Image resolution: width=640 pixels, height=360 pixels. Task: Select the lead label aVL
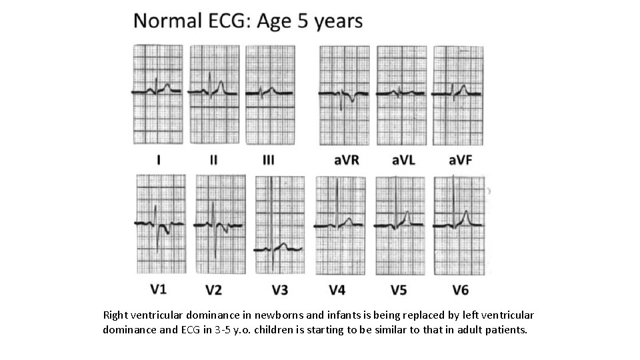tap(402, 160)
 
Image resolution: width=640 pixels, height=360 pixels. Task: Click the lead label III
tap(268, 160)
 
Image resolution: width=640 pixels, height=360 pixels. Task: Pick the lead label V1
tap(158, 289)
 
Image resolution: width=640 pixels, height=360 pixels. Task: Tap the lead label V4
tap(337, 289)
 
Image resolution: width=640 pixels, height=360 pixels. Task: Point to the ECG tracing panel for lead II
tap(213, 95)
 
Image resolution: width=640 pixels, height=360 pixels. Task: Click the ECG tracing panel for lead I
tap(157, 95)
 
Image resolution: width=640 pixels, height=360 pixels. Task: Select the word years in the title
tap(338, 21)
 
